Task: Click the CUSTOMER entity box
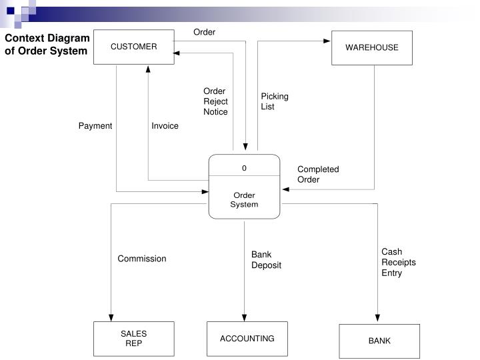point(133,47)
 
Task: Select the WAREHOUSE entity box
point(371,47)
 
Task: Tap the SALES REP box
point(133,338)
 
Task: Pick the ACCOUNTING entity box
point(247,339)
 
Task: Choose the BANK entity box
point(379,341)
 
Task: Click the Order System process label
point(244,200)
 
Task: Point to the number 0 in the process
point(244,168)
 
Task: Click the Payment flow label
point(95,126)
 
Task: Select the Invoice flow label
point(165,126)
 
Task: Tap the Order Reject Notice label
point(215,101)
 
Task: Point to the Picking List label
point(275,101)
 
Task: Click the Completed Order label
point(318,174)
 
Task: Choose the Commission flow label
point(142,259)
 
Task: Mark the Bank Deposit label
point(266,259)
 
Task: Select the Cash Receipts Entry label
point(398,262)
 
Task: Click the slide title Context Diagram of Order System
point(47,45)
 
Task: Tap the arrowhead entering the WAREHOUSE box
point(327,41)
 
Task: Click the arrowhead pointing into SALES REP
point(111,317)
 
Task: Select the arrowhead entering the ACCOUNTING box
point(244,317)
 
